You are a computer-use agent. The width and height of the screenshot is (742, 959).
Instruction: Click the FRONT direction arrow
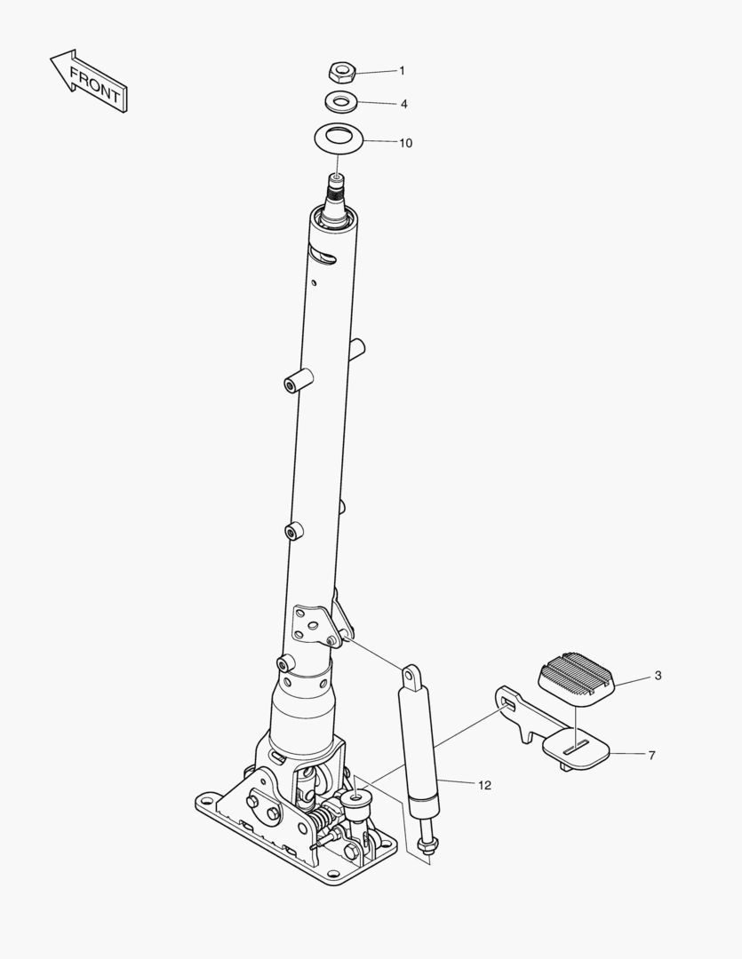pyautogui.click(x=90, y=82)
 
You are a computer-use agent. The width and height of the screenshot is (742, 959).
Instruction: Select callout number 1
pyautogui.click(x=403, y=71)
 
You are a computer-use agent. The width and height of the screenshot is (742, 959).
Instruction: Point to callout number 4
pyautogui.click(x=404, y=104)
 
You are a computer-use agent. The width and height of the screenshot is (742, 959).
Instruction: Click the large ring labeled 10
pyautogui.click(x=339, y=139)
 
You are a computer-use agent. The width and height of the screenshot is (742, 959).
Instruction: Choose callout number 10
pyautogui.click(x=406, y=143)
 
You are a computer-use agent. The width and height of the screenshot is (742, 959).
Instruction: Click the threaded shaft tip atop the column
pyautogui.click(x=337, y=191)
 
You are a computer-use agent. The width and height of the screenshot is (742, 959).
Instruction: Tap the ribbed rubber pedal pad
pyautogui.click(x=578, y=679)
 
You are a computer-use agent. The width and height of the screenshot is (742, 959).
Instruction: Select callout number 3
pyautogui.click(x=658, y=676)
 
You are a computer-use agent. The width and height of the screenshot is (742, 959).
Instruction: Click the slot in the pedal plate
pyautogui.click(x=577, y=746)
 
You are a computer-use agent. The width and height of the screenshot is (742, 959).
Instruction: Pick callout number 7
pyautogui.click(x=652, y=756)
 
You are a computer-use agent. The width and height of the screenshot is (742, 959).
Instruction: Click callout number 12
pyautogui.click(x=484, y=785)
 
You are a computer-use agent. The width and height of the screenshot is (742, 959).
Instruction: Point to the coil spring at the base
pyautogui.click(x=322, y=818)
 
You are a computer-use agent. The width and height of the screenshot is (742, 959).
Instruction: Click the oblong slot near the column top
pyautogui.click(x=324, y=256)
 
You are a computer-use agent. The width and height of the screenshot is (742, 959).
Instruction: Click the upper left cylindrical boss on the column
pyautogui.click(x=299, y=380)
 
